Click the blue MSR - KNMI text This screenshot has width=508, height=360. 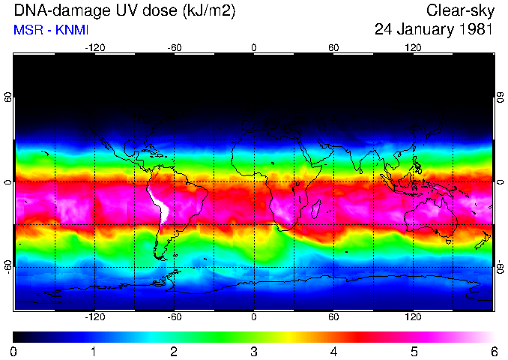46,29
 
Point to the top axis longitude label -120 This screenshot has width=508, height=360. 94,48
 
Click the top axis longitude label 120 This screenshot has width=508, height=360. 413,48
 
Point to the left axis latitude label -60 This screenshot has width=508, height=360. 8,268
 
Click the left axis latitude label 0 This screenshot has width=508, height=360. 8,182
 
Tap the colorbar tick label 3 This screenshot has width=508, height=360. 253,351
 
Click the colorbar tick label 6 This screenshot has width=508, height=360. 493,351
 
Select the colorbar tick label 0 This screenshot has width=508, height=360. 14,351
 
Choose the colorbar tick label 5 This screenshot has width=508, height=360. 413,351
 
